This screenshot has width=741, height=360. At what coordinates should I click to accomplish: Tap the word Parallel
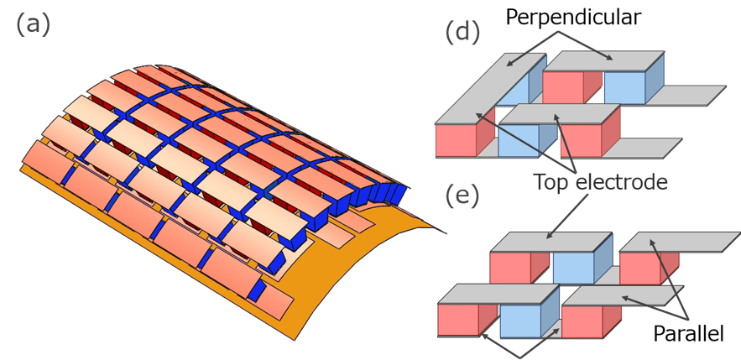pos(688,335)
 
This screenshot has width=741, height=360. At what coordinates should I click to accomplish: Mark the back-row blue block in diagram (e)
pos(574,267)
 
